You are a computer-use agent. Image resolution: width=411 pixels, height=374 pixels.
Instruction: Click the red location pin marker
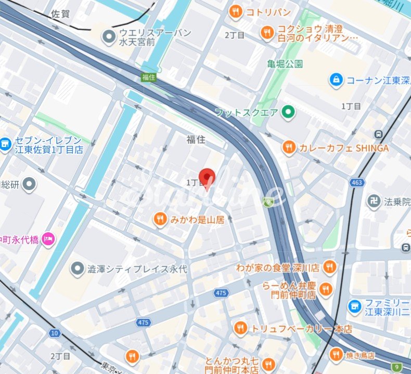point(208,178)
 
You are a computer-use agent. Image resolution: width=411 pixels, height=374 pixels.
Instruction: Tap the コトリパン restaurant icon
point(236,11)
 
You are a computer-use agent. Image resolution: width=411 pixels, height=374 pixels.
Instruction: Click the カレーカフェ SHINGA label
point(343,148)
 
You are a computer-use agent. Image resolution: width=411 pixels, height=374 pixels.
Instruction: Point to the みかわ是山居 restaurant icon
point(160,220)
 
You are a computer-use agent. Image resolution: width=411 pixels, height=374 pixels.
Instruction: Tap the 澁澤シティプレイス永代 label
point(137,269)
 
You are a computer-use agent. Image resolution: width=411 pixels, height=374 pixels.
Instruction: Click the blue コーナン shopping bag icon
point(337,79)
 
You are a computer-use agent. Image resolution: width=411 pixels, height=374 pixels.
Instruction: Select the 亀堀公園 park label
point(285,64)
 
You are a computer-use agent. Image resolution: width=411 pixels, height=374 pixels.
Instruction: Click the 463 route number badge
point(356,182)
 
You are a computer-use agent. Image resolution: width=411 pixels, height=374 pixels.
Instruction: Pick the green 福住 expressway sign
point(149,77)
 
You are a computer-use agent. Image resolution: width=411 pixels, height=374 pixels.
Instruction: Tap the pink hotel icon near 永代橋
point(48,239)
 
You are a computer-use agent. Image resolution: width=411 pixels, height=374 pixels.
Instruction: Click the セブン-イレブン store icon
point(5,145)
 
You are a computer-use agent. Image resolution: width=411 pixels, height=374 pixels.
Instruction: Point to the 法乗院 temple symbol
point(373,201)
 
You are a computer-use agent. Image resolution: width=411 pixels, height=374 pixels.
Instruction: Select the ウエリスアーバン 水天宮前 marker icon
point(109,36)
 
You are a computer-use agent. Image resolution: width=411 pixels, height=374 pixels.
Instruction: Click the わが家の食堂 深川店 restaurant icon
point(329,268)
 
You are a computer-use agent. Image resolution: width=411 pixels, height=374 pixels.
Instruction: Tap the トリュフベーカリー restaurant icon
point(240,328)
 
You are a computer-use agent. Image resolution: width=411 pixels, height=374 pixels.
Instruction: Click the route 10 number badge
point(54,332)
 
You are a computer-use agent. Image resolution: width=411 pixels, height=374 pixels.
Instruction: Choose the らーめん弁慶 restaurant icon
point(326,289)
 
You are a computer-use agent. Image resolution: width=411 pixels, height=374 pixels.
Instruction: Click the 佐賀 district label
point(61,15)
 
